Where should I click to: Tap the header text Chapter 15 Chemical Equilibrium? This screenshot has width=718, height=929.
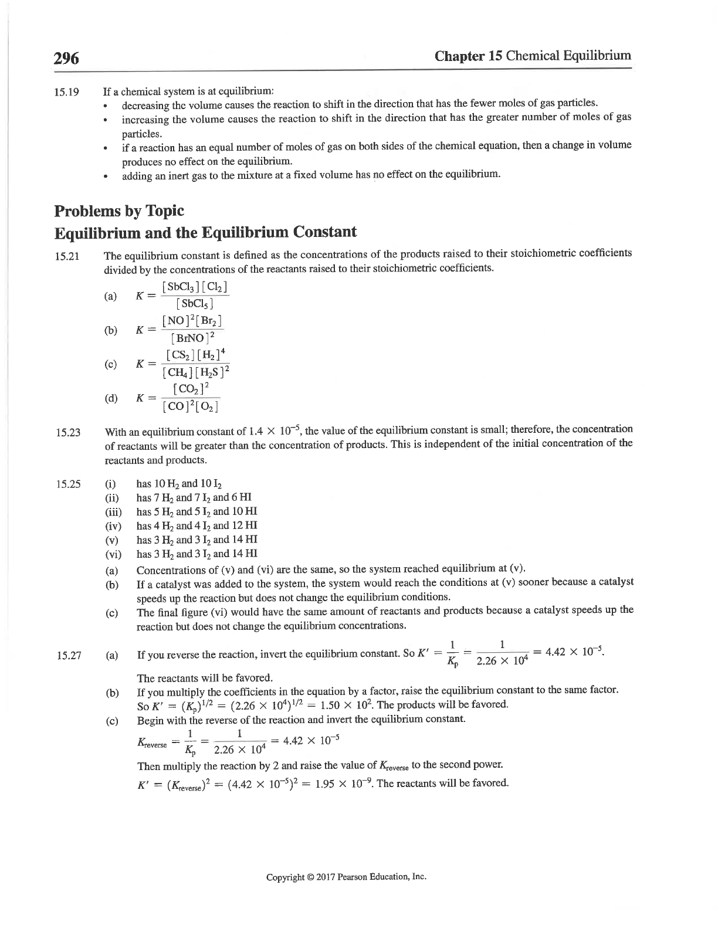(x=533, y=56)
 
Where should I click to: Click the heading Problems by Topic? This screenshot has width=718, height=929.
(x=119, y=211)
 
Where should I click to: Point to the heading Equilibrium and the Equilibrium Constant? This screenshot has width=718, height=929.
(x=205, y=232)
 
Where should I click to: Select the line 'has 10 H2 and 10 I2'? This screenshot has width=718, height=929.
(x=179, y=484)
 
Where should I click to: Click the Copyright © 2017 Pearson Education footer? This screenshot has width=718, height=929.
(x=346, y=877)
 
